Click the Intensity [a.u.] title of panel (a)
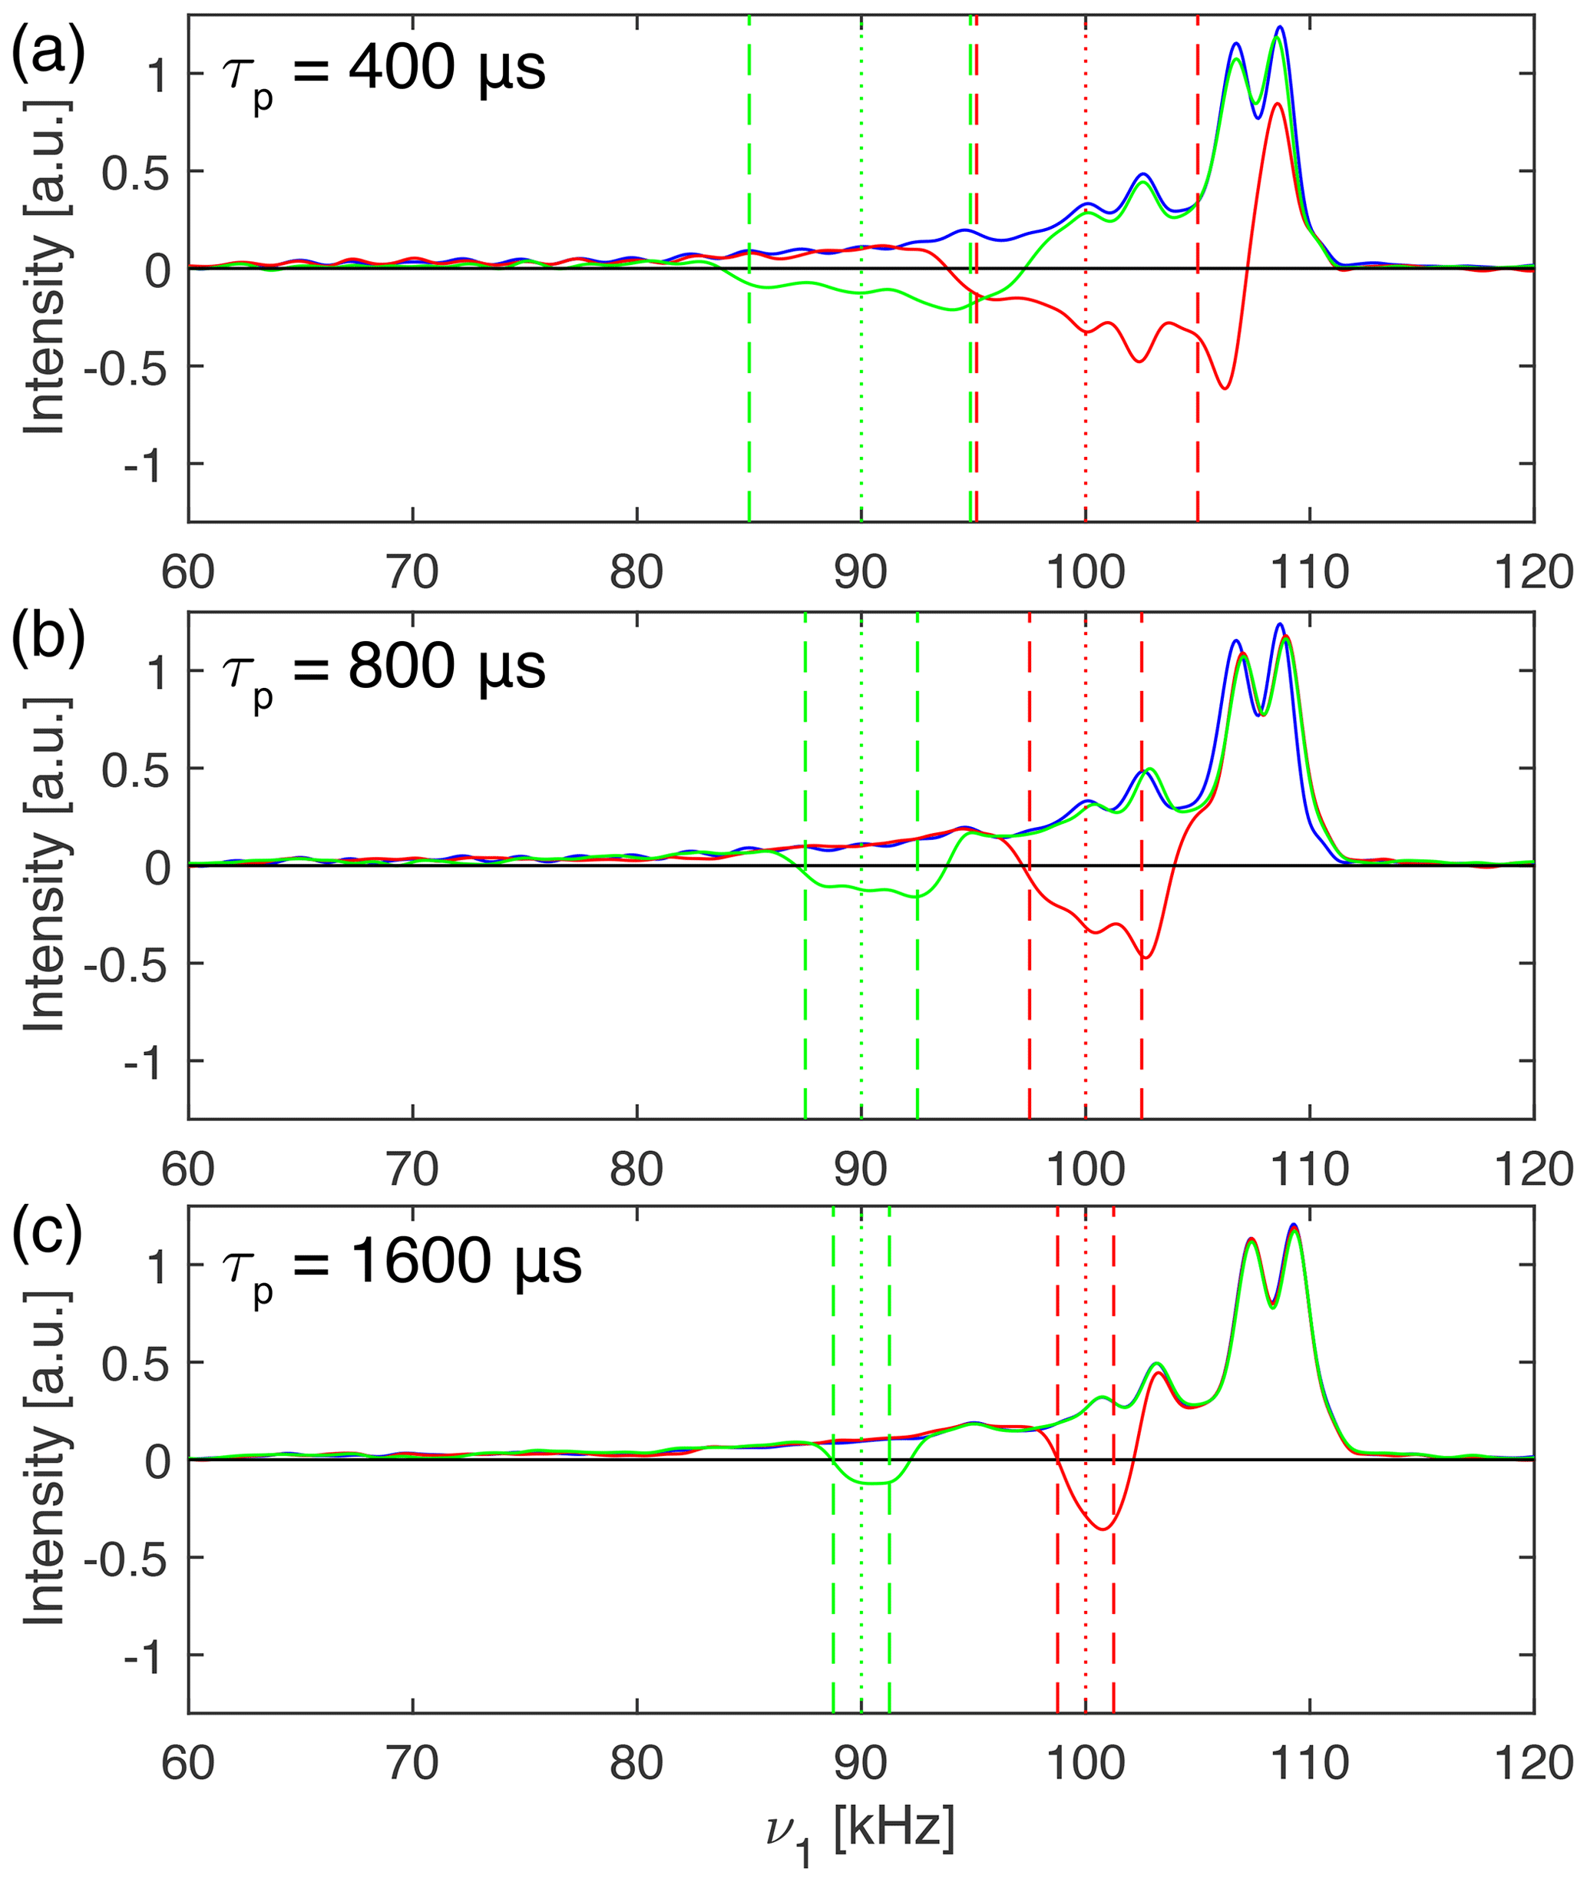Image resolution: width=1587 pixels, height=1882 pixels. [45, 267]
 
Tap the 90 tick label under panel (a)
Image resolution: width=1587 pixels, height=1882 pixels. [861, 572]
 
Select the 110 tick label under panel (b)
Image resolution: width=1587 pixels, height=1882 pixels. [1309, 1169]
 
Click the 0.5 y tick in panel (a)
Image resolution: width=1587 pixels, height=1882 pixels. [135, 172]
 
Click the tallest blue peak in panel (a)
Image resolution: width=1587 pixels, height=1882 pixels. [1279, 28]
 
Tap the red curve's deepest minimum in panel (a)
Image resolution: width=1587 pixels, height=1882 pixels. [1225, 389]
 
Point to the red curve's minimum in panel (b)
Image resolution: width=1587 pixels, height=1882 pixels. [1144, 958]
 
